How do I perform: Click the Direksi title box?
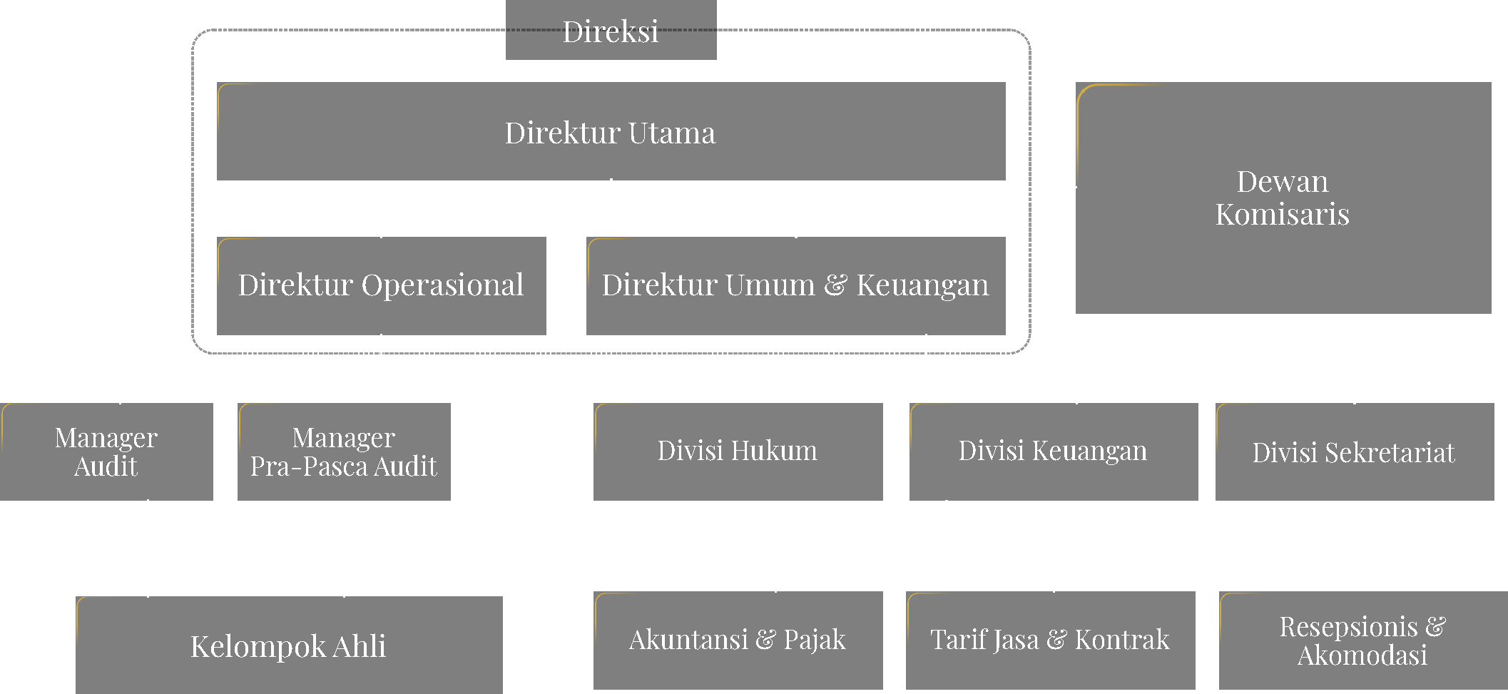point(611,31)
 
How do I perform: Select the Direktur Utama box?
point(611,132)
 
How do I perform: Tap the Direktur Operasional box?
point(381,285)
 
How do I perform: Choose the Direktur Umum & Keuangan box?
point(795,285)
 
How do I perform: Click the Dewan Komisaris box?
point(1283,198)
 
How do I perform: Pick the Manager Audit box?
point(106,451)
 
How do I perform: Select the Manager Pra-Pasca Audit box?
point(344,451)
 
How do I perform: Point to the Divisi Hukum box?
point(738,451)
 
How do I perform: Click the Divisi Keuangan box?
point(1053,451)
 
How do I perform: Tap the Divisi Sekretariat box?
point(1354,451)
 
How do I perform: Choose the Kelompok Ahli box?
point(288,645)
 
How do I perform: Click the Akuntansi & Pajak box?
point(738,640)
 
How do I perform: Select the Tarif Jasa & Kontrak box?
point(1050,640)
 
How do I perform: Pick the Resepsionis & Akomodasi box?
point(1362,640)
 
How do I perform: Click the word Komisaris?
point(1283,215)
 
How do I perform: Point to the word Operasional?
point(442,285)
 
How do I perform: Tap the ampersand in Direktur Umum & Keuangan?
point(835,285)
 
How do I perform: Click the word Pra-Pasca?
point(309,466)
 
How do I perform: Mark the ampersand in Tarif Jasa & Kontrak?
point(1056,641)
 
